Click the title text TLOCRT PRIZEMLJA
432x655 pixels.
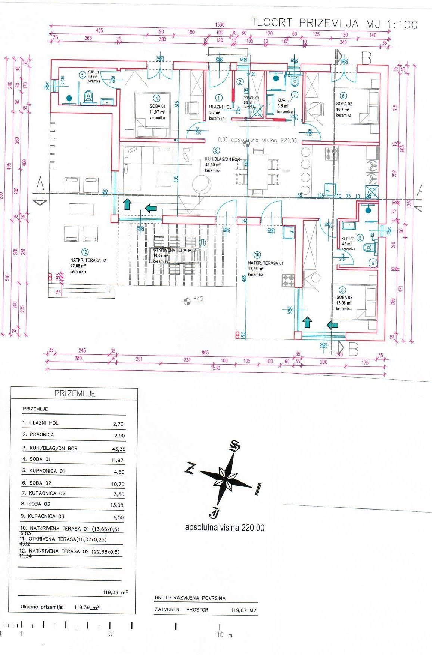[x=304, y=23]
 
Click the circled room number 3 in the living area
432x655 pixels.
[x=216, y=151]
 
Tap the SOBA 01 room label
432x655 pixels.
[x=157, y=106]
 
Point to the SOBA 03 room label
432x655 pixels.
[x=344, y=298]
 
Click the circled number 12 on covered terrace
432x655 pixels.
[x=85, y=252]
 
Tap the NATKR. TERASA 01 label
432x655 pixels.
[x=265, y=263]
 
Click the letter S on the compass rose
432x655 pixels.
[x=234, y=446]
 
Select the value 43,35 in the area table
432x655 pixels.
[x=119, y=449]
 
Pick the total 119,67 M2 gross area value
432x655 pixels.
[x=243, y=611]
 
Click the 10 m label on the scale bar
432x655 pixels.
[x=224, y=634]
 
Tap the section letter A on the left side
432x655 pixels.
[x=40, y=183]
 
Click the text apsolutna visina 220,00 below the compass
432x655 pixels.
[x=224, y=528]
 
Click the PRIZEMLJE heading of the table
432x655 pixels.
[x=75, y=393]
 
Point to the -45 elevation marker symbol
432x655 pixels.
[x=188, y=300]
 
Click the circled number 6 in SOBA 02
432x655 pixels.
[x=344, y=96]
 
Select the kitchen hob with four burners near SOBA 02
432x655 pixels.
[x=331, y=153]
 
